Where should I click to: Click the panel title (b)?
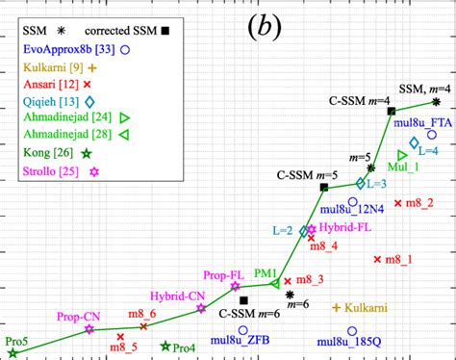coord(261,27)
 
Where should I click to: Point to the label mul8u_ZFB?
coord(252,340)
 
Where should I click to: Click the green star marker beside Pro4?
coord(165,346)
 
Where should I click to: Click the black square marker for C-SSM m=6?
coord(244,301)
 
